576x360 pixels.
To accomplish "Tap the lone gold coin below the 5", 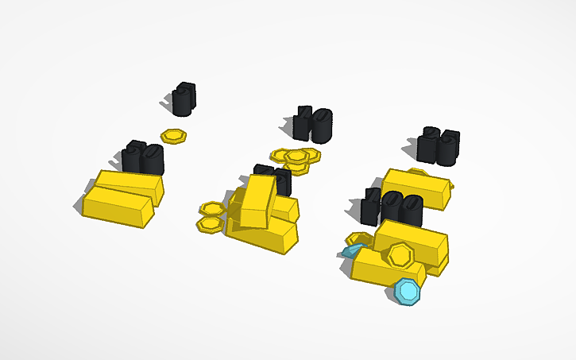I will pyautogui.click(x=173, y=136).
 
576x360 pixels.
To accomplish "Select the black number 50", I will pyautogui.click(x=143, y=158).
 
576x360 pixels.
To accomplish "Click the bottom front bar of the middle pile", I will pyautogui.click(x=262, y=236).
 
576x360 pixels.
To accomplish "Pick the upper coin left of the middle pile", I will pyautogui.click(x=212, y=209).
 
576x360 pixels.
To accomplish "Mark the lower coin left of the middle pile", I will pyautogui.click(x=209, y=225).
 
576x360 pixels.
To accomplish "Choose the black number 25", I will pyautogui.click(x=439, y=145).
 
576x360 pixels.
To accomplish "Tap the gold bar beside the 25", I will pyautogui.click(x=415, y=188).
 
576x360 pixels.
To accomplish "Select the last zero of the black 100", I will pyautogui.click(x=412, y=210).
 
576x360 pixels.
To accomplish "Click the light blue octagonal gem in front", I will pyautogui.click(x=408, y=291).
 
